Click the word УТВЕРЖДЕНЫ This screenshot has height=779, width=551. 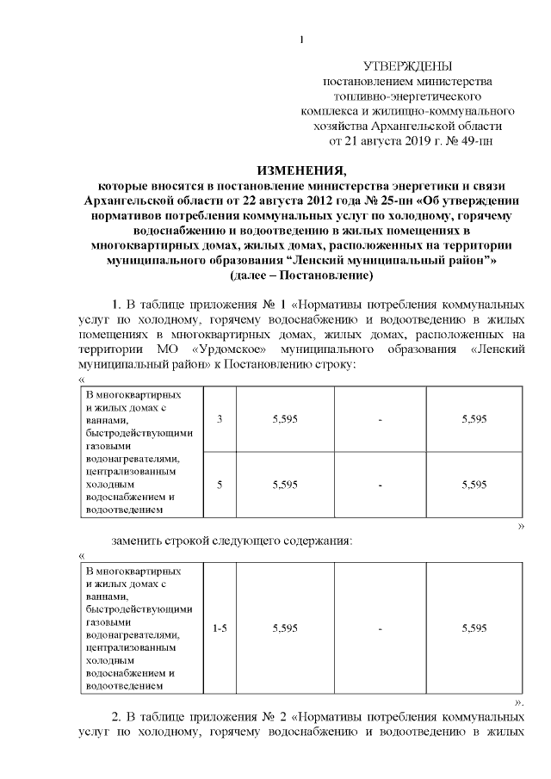(x=407, y=66)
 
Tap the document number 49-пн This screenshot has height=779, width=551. (x=474, y=139)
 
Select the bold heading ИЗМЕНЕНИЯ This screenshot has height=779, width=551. (x=300, y=169)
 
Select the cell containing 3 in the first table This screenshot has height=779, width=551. (x=220, y=418)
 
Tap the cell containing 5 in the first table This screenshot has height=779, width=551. (x=220, y=485)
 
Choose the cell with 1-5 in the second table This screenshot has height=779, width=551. (x=220, y=628)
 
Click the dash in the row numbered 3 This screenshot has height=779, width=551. (x=380, y=418)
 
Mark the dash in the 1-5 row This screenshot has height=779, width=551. (x=380, y=628)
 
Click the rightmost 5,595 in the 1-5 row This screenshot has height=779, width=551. (x=474, y=628)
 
